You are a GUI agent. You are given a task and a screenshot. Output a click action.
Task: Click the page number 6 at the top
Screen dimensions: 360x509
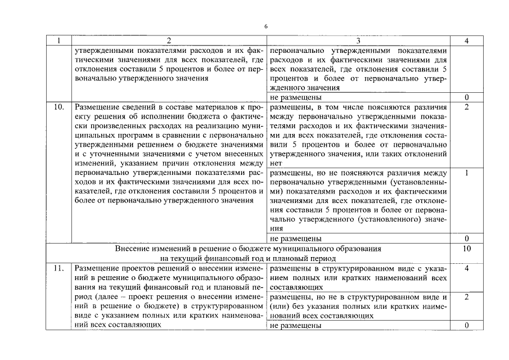[266, 26]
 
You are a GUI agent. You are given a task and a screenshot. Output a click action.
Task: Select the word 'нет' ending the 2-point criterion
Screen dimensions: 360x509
[276, 162]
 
